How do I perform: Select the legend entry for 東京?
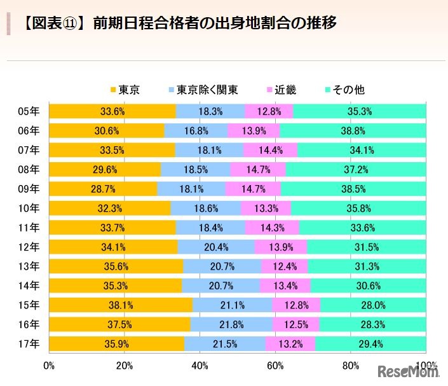[125, 90]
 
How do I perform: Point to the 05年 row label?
[29, 111]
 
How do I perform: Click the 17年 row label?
[29, 344]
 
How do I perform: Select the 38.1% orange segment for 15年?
[120, 305]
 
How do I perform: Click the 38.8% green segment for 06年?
[353, 130]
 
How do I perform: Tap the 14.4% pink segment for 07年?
[270, 150]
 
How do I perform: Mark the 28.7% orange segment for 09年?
[103, 189]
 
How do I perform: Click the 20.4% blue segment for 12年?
[216, 247]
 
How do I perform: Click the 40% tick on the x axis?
[200, 366]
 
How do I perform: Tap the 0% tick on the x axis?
[49, 366]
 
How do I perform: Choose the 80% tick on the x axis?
[351, 366]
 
